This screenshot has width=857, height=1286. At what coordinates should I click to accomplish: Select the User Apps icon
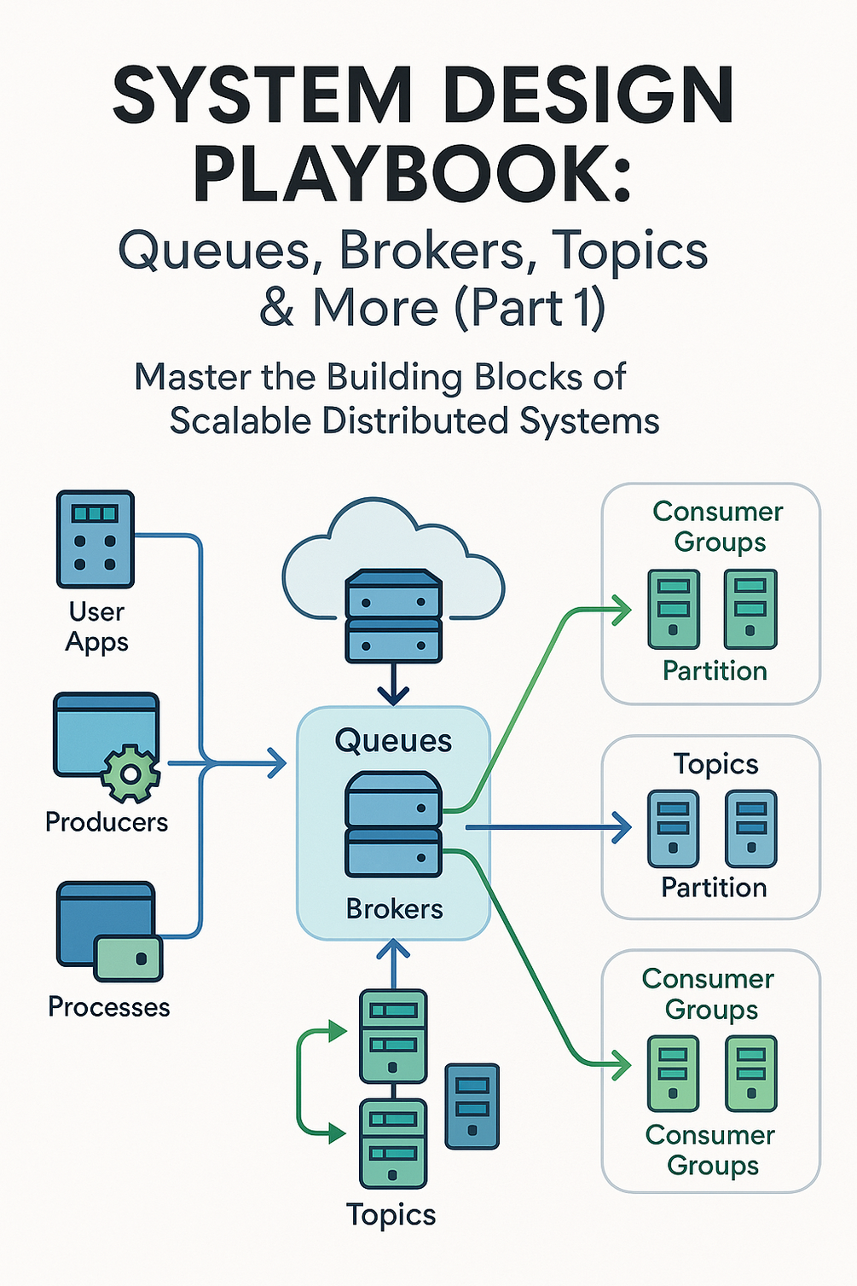pos(95,539)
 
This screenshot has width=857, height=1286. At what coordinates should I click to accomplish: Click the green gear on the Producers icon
pos(130,773)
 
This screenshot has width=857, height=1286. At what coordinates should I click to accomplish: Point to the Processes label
pos(108,1007)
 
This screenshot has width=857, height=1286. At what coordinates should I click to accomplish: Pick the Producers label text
pos(107,822)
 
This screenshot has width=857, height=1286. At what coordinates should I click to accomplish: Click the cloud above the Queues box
pos(392,554)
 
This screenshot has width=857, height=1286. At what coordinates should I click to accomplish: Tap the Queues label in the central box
pos(393,741)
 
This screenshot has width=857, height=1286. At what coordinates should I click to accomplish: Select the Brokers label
pos(394,909)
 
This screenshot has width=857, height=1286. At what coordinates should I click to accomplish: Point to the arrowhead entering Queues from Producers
pos(276,762)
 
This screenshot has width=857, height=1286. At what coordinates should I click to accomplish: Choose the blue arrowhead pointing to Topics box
pos(622,826)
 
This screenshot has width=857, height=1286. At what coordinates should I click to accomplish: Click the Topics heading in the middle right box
pos(715,764)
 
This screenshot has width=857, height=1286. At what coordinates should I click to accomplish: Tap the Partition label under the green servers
pos(715,671)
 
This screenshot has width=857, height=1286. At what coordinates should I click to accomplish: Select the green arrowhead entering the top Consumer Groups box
pos(622,610)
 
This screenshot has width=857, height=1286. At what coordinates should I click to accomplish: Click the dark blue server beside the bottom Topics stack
pos(472,1105)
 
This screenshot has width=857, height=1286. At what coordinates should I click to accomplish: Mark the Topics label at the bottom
pos(391,1214)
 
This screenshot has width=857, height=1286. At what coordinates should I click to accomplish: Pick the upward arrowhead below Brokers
pos(393,948)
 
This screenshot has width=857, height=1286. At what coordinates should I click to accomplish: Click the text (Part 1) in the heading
pos(530,308)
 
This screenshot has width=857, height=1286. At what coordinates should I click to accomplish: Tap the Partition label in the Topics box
pos(714,888)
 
